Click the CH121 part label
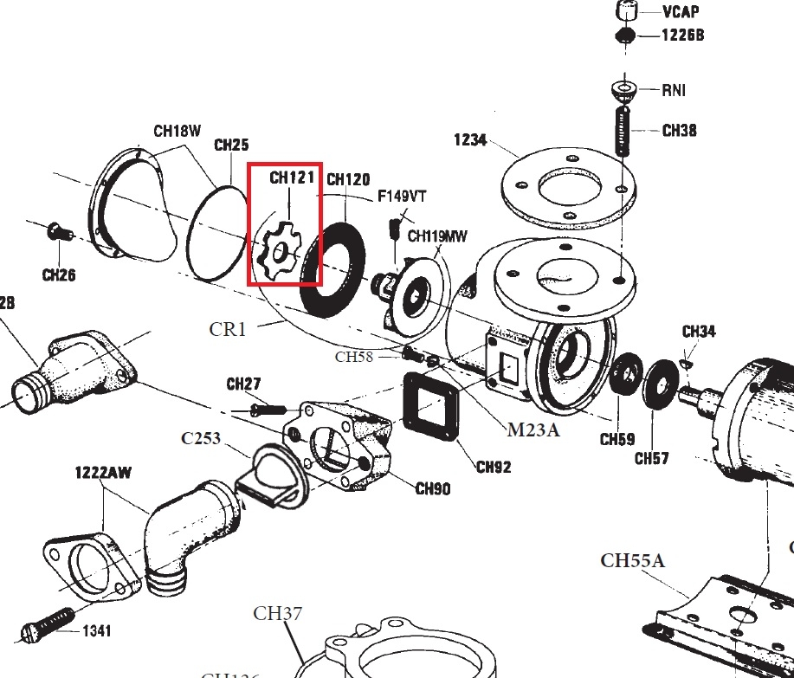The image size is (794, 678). tap(292, 178)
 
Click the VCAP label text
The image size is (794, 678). tap(681, 12)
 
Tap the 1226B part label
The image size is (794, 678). tap(681, 36)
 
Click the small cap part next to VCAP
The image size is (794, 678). tap(627, 11)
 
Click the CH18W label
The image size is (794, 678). tap(178, 132)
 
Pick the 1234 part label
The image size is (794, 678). tap(470, 139)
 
